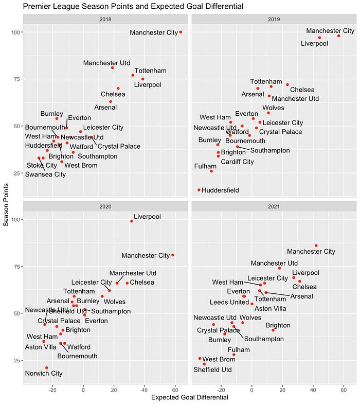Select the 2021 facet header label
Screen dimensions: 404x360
click(x=274, y=206)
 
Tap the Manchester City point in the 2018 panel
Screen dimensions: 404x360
click(x=181, y=32)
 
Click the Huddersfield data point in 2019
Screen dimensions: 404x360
click(x=199, y=190)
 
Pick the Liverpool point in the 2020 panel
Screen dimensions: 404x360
click(x=132, y=221)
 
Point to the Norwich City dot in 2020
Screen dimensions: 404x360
click(x=47, y=367)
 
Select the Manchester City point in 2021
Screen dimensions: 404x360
click(x=316, y=245)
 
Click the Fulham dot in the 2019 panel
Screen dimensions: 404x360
click(x=211, y=171)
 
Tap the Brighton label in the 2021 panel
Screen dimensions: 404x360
click(x=278, y=326)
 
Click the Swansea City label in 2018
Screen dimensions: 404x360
click(x=46, y=174)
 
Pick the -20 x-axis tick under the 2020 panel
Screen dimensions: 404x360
click(x=52, y=389)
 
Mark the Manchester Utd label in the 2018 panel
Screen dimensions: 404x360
click(x=107, y=63)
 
